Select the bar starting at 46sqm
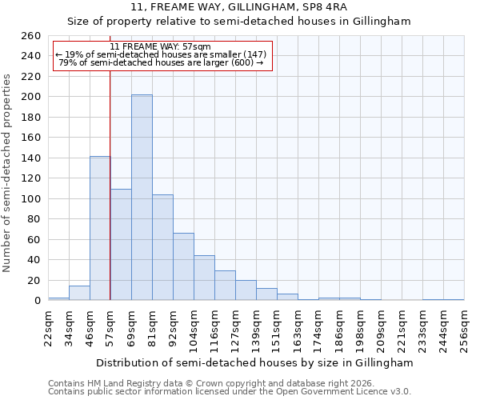100,228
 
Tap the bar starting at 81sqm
162,247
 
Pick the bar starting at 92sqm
183,266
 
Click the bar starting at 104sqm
204,278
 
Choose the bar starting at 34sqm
79,294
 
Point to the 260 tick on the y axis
31,36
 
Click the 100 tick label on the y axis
31,198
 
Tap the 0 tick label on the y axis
38,301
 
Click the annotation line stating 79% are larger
162,62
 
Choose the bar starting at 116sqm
225,286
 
